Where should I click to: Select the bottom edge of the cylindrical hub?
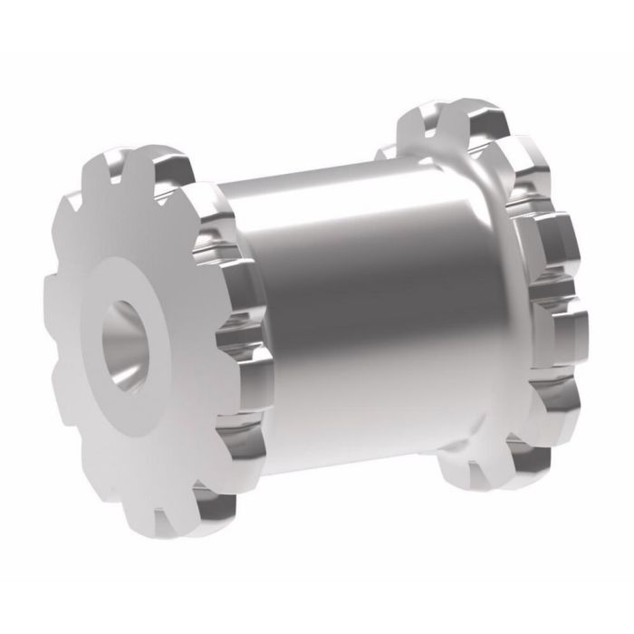click(x=362, y=471)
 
